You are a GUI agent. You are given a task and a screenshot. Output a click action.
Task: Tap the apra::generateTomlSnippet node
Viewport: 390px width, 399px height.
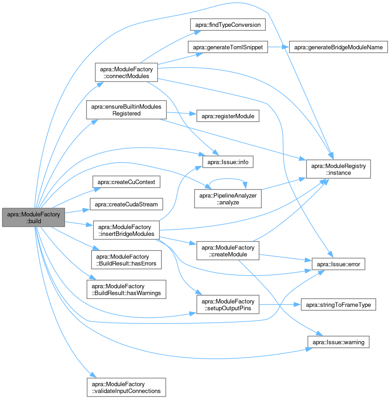point(227,47)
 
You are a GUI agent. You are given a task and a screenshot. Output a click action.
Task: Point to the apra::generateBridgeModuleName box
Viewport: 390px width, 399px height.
point(338,47)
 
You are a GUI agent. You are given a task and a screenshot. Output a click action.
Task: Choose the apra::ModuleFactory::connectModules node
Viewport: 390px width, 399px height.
point(126,73)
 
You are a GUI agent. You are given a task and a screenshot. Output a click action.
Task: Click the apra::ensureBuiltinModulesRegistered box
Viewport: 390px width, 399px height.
point(127,110)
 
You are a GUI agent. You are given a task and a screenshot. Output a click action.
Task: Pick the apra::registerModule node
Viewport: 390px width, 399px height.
point(227,116)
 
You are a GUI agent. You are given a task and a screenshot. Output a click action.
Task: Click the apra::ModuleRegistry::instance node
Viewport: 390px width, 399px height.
point(338,168)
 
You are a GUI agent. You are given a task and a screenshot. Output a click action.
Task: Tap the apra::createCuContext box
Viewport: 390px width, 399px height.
point(127,182)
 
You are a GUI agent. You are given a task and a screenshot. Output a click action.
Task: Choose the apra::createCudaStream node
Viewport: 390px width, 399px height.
point(127,204)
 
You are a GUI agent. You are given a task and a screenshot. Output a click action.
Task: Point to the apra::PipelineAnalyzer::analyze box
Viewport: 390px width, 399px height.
point(227,199)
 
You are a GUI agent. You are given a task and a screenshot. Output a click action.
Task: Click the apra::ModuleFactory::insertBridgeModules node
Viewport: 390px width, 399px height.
point(127,230)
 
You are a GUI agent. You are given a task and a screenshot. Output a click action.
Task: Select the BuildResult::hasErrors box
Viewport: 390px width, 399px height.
point(127,258)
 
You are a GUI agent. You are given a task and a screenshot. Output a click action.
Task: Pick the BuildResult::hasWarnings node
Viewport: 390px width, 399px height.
point(127,290)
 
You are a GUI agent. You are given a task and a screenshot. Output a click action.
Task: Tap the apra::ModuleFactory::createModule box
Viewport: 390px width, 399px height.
point(227,251)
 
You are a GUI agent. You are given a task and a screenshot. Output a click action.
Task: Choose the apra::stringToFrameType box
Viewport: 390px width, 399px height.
point(338,305)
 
